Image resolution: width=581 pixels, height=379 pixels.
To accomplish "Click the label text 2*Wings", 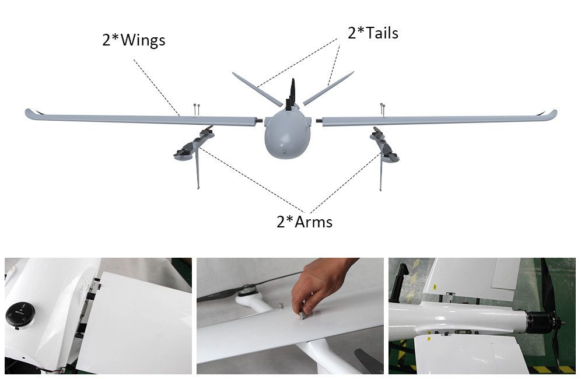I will [134, 41].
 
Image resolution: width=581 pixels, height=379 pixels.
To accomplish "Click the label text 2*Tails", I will [373, 33].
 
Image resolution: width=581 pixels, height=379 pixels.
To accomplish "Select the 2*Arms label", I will [304, 222].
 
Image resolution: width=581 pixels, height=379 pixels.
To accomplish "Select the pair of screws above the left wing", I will [197, 108].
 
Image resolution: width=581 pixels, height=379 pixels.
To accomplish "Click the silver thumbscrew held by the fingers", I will [303, 315].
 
